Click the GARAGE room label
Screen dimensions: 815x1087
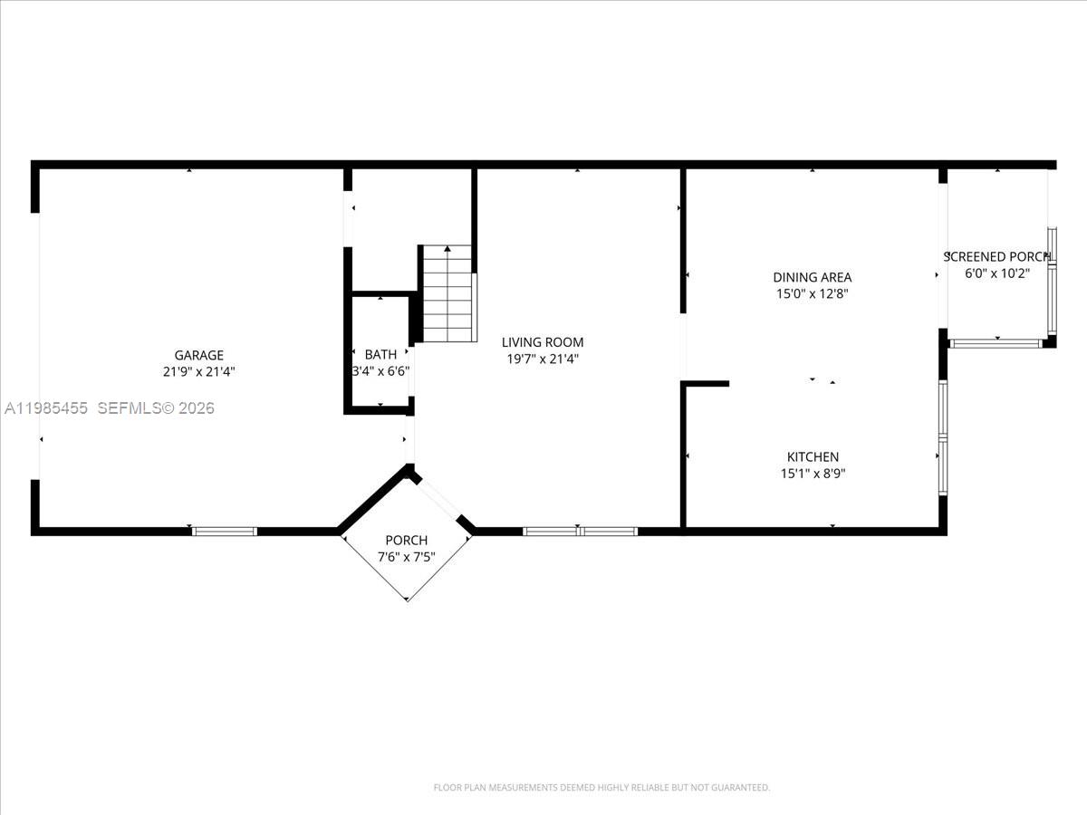(x=198, y=355)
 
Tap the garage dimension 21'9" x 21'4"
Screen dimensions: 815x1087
(x=198, y=371)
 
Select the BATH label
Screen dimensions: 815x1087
(x=380, y=354)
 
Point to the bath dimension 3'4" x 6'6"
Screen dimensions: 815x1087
(x=380, y=370)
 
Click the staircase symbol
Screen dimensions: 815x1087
(x=448, y=293)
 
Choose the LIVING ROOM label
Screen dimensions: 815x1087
(x=543, y=342)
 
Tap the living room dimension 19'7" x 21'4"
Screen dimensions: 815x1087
(x=543, y=359)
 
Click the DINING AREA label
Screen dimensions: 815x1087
(x=812, y=277)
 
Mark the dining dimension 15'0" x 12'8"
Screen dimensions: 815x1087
(x=812, y=293)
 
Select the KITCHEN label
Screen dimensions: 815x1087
(x=812, y=457)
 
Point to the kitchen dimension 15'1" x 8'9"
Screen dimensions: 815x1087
(x=812, y=473)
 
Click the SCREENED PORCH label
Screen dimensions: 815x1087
(x=996, y=256)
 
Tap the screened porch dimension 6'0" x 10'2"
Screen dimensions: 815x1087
(x=996, y=273)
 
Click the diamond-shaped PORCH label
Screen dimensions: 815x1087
(x=407, y=541)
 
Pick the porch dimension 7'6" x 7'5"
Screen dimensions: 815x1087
(x=407, y=557)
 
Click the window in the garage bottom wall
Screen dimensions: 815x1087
(x=225, y=531)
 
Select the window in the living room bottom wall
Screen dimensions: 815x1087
(x=580, y=531)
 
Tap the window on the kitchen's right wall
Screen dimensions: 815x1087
(x=942, y=438)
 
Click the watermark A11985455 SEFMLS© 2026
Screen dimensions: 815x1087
(x=109, y=408)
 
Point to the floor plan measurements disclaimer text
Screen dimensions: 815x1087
(x=601, y=788)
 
